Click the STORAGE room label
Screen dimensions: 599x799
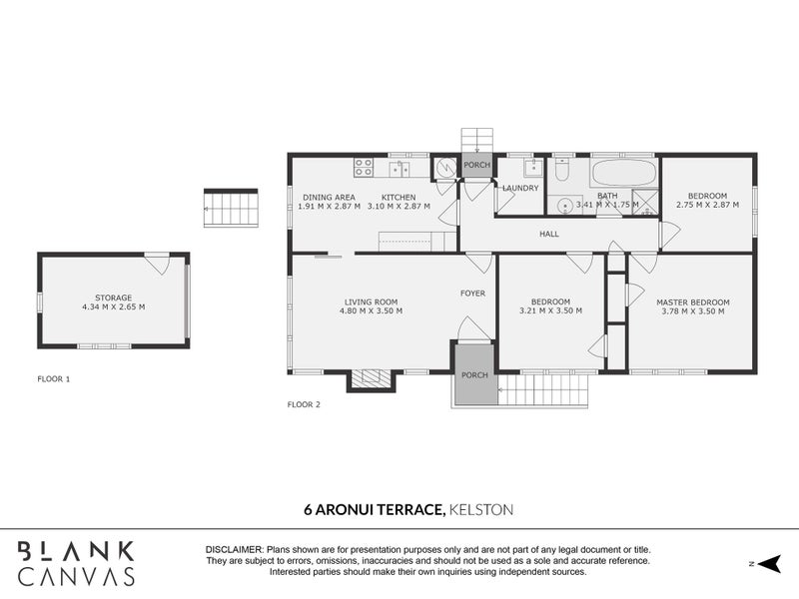click(x=113, y=298)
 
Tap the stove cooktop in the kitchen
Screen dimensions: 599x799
click(x=363, y=168)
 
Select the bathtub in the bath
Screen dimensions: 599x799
click(x=621, y=173)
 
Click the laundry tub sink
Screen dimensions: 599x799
click(x=533, y=167)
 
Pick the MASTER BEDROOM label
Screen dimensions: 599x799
click(x=692, y=301)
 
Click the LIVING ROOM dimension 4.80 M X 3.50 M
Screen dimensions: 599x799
click(x=371, y=311)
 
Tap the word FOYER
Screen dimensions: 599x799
click(x=472, y=294)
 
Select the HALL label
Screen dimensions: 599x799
click(x=549, y=234)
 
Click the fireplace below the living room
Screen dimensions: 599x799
click(x=372, y=378)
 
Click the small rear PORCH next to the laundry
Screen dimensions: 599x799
click(x=477, y=166)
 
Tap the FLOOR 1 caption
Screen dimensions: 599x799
click(x=53, y=379)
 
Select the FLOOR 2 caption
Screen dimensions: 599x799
click(x=304, y=404)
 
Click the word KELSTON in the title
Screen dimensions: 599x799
click(x=482, y=509)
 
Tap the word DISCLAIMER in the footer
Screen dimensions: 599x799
click(x=235, y=550)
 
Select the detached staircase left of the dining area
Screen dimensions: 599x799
click(x=231, y=208)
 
